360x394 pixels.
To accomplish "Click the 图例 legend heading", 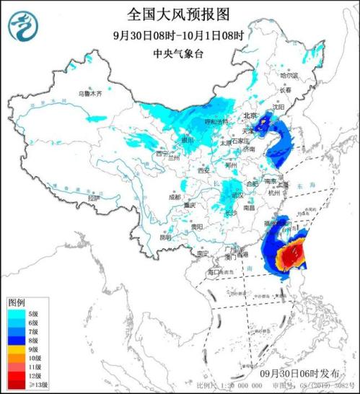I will coord(17,301).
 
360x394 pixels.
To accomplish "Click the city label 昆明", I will coord(165,237).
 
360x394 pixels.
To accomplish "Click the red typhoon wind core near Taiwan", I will coord(292,255).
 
